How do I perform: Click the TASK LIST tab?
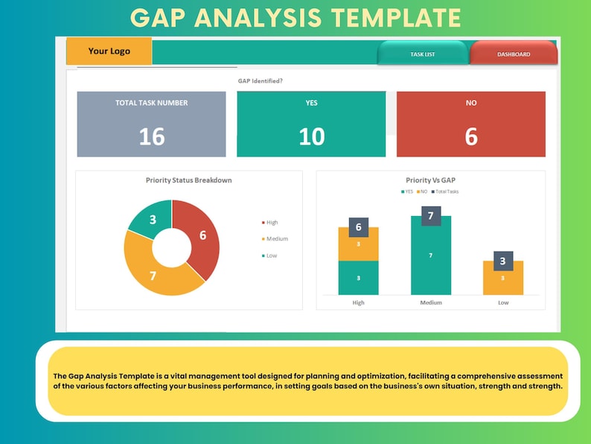click(x=423, y=54)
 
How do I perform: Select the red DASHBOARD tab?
click(x=514, y=54)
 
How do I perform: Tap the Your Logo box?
click(x=109, y=51)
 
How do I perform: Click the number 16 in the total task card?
click(x=151, y=136)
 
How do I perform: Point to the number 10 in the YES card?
click(x=311, y=136)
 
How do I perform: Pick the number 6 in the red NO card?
click(x=470, y=136)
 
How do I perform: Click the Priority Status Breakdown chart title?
click(x=188, y=180)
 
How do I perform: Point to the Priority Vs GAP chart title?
click(x=429, y=180)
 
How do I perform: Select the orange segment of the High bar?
click(x=358, y=244)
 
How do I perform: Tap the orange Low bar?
click(x=502, y=278)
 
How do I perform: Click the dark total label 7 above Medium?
click(x=430, y=216)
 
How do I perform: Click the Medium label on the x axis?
click(x=430, y=302)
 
